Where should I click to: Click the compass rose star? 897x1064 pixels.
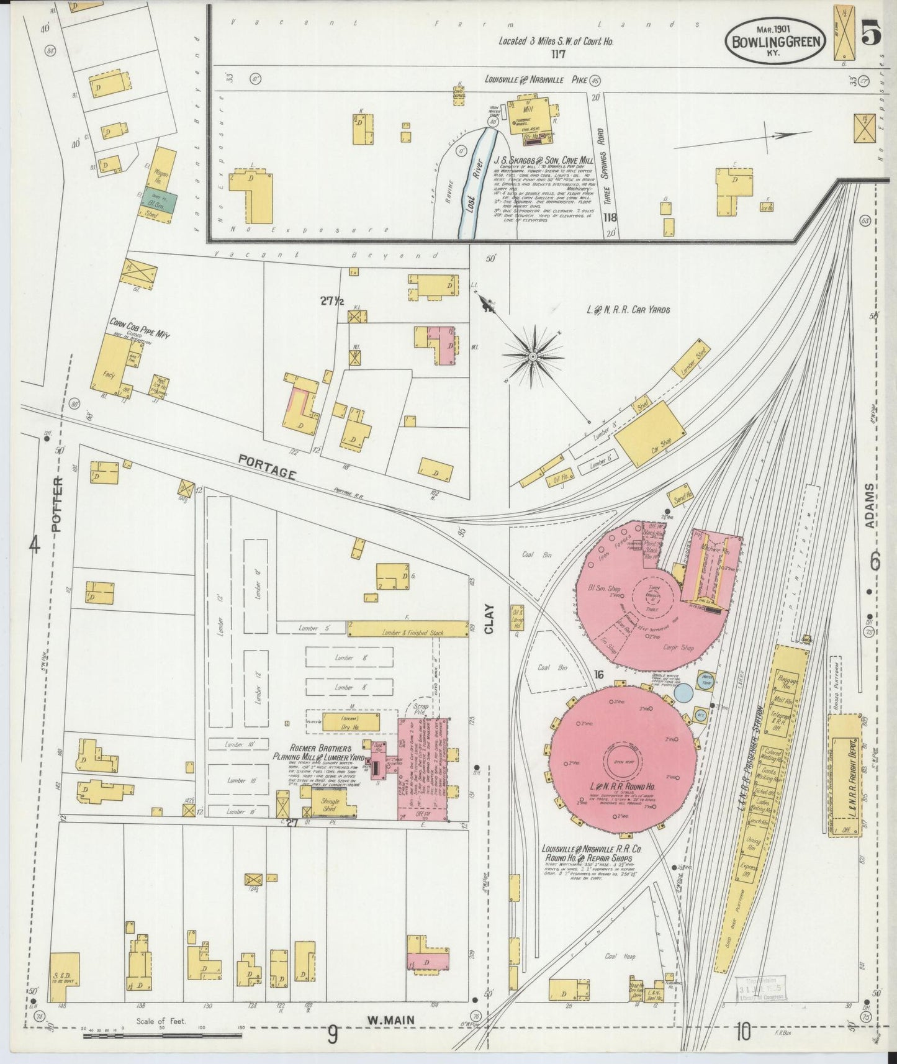[x=533, y=356]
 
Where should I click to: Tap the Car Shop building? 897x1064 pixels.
[x=649, y=433]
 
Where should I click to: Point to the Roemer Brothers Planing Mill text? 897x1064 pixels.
[x=322, y=753]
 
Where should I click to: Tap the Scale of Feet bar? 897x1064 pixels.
[x=163, y=1035]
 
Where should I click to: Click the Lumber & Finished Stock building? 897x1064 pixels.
[x=408, y=629]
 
